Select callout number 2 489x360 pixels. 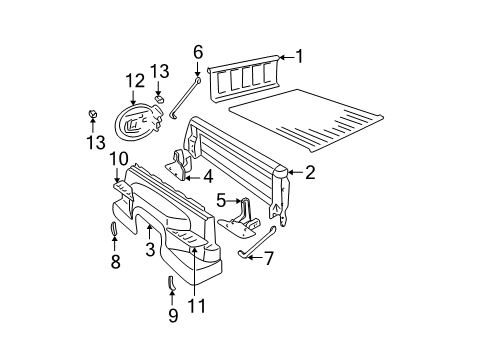coord(310,172)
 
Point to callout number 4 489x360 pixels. coord(208,177)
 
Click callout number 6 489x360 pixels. coord(198,52)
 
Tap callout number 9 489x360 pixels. coord(172,316)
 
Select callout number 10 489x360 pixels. coord(117,158)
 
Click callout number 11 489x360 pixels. coord(196,306)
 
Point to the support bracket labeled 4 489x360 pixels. coord(180,167)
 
